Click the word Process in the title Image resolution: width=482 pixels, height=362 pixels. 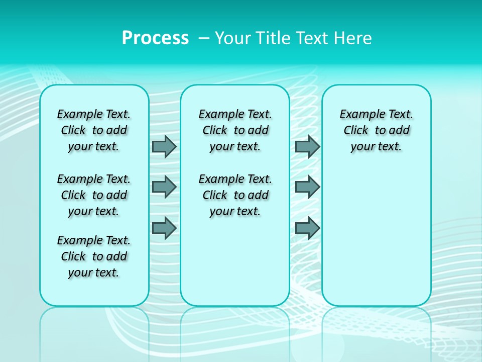155,38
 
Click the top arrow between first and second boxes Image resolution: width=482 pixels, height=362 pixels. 164,146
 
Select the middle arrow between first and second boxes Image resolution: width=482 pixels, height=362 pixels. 164,187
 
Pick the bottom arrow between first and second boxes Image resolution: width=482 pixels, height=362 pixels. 164,228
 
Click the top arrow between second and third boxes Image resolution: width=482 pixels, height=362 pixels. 307,146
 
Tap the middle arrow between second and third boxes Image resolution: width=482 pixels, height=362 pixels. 307,187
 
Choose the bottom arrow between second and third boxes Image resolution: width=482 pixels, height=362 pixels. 307,228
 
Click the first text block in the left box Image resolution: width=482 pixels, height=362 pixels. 94,130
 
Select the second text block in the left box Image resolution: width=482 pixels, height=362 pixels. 94,195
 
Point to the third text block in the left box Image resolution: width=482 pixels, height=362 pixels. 94,256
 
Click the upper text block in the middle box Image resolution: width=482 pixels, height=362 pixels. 235,130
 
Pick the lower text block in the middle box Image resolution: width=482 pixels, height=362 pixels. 235,195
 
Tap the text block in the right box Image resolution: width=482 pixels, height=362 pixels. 376,130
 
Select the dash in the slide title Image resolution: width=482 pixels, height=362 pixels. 204,38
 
